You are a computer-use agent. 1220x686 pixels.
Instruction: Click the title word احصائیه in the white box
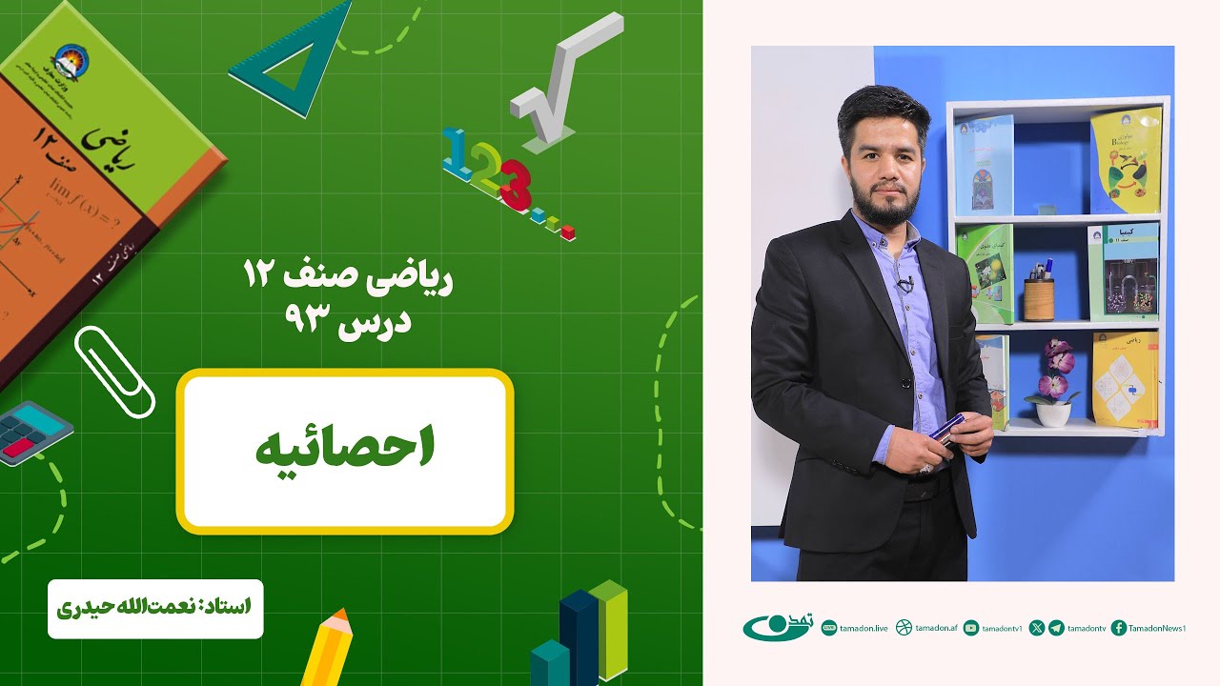coord(345,451)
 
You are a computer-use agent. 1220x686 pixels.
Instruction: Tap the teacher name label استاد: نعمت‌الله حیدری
coord(154,607)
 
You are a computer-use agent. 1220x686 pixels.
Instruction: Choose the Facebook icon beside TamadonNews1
coord(1119,628)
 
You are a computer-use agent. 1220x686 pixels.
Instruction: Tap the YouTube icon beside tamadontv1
coord(971,628)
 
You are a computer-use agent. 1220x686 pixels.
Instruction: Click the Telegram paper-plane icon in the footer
coord(1056,628)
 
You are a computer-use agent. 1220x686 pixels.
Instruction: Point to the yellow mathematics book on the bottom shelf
coord(1125,378)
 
